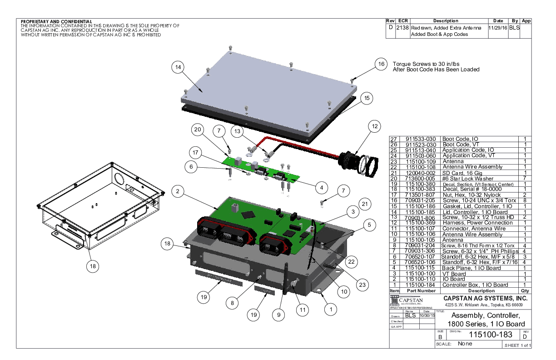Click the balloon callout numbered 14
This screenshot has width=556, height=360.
tap(179, 67)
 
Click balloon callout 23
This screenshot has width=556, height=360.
tap(362, 285)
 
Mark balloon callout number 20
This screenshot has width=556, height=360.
tap(197, 130)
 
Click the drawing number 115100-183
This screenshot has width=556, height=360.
tap(491, 335)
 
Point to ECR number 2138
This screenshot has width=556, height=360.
tap(402, 28)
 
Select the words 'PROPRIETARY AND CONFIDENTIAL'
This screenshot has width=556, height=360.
tap(57, 21)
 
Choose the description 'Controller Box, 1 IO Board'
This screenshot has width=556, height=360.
tap(475, 285)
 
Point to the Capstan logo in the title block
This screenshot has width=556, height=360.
tap(407, 301)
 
